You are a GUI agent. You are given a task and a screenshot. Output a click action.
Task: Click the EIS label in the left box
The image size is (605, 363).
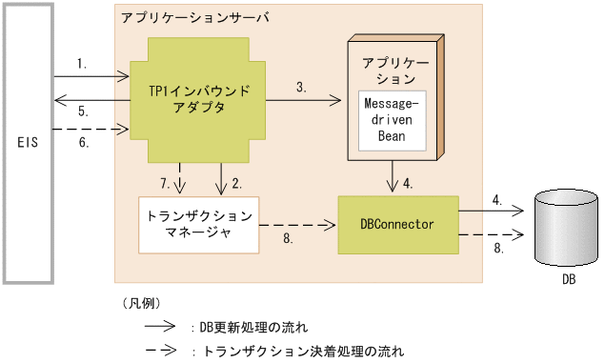29,142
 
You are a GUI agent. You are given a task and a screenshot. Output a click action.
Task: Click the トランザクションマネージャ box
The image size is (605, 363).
198,225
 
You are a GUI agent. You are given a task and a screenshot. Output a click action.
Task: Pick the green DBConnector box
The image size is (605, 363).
397,224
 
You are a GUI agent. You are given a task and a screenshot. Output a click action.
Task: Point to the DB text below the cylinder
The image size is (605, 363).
568,280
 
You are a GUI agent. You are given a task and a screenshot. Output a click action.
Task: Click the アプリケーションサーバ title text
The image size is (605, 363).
183,18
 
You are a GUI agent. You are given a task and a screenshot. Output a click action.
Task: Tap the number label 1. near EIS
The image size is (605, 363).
83,65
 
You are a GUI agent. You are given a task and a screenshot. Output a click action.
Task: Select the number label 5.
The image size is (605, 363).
83,111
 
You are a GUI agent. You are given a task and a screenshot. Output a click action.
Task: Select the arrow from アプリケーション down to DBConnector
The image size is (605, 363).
393,176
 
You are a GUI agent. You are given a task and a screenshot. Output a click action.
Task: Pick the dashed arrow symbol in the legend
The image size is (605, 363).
159,350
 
